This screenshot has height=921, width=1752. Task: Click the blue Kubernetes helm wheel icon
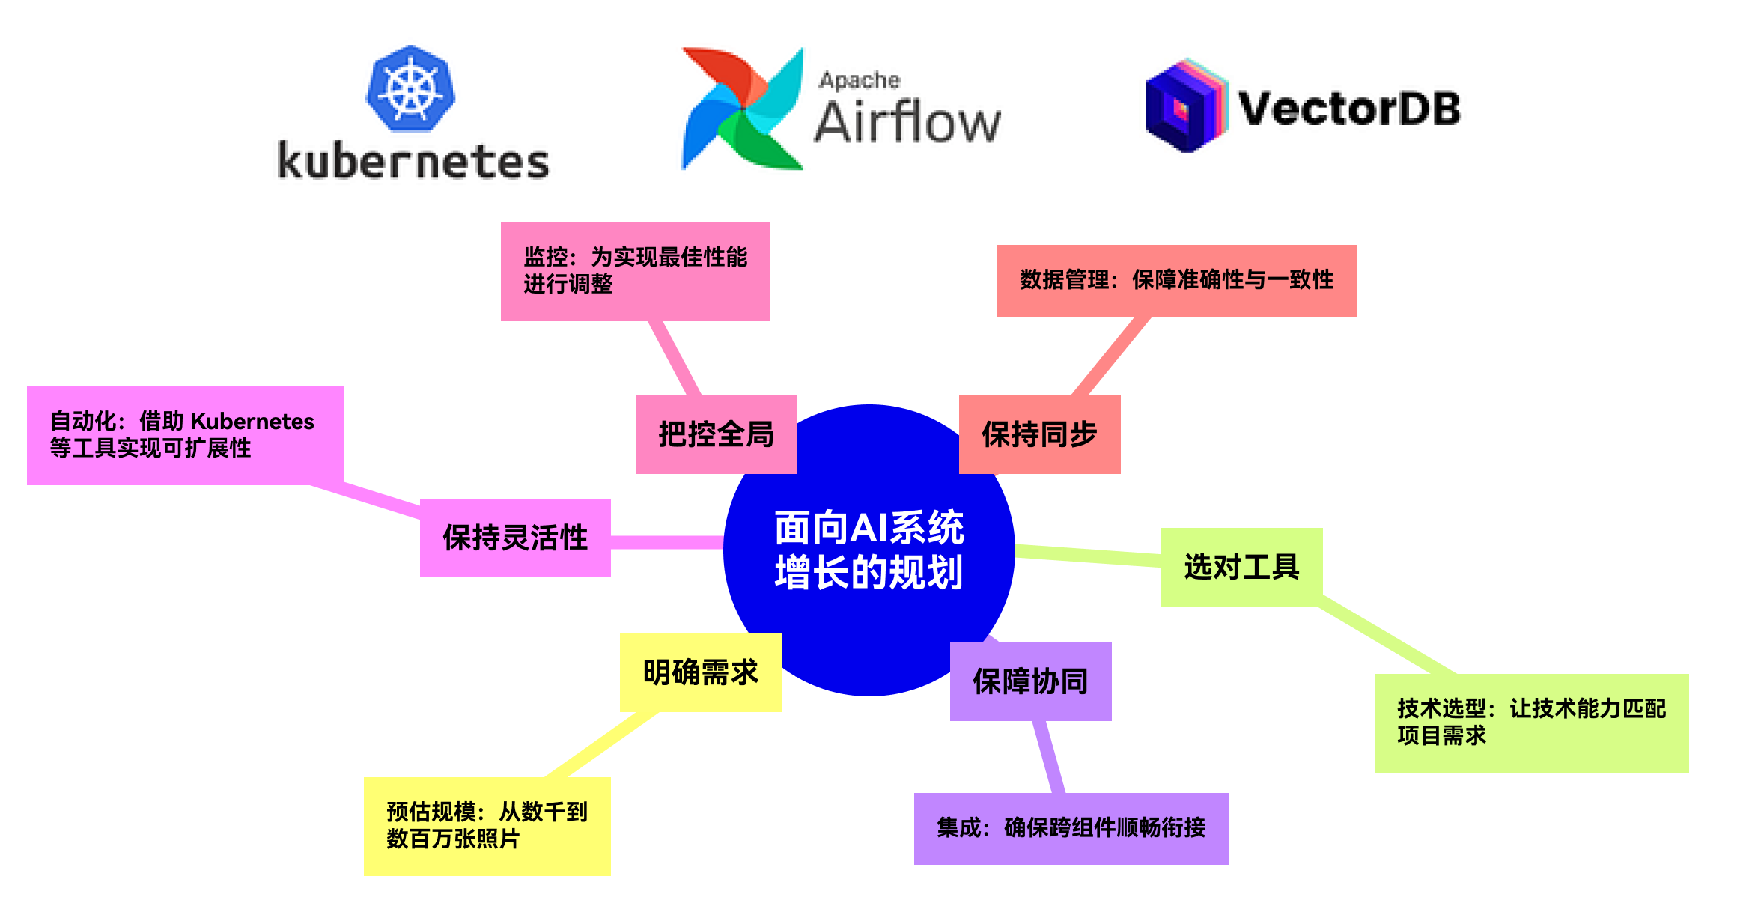410,88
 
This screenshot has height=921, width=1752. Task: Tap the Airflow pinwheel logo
742,109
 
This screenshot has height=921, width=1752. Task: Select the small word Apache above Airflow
860,79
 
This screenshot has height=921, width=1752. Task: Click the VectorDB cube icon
1187,106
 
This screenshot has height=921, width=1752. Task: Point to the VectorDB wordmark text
1349,109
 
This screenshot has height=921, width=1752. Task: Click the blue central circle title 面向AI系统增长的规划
869,550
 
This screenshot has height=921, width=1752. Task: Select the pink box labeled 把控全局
717,434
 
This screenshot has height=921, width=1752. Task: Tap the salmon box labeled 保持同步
1040,434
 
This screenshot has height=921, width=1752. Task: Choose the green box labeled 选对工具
1242,567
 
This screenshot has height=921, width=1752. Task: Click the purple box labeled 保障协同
1031,681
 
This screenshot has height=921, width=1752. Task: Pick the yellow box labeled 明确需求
701,672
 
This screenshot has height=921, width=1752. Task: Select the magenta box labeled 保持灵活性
515,538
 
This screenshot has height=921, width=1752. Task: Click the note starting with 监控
636,271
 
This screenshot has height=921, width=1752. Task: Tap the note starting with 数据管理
1177,281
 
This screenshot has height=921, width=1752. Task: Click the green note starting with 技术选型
1532,723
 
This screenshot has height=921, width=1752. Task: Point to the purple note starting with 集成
1071,828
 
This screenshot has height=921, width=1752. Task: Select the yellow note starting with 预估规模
487,826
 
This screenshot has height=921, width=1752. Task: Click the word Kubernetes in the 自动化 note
252,422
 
